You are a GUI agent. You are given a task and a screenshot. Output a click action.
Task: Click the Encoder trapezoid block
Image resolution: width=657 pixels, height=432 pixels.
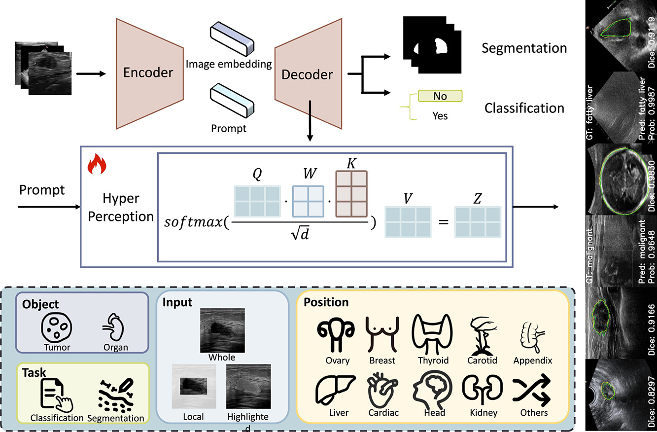[149, 73]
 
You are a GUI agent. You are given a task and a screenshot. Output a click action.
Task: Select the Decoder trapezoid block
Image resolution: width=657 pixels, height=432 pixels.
[308, 73]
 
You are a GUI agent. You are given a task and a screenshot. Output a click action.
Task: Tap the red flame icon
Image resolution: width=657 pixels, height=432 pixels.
[97, 164]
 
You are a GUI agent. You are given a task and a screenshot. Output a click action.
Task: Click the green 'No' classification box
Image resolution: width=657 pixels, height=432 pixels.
[440, 96]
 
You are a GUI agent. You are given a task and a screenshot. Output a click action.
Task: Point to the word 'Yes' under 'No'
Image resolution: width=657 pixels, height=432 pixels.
[440, 116]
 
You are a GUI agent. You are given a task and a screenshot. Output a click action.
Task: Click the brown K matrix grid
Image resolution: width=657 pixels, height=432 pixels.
[351, 194]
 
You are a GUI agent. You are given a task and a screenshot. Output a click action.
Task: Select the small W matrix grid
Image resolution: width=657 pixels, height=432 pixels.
[308, 201]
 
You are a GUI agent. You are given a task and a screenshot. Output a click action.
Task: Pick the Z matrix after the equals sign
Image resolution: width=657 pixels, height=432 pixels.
[478, 222]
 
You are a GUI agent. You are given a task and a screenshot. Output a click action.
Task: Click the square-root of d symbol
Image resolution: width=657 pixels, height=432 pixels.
[300, 234]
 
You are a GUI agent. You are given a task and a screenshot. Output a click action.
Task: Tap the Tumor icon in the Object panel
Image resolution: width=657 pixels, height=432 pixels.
[57, 327]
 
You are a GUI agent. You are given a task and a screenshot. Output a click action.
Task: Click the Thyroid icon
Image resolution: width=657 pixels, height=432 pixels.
[432, 334]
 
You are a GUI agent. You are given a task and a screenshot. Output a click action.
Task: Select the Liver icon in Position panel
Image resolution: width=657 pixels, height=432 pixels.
[336, 390]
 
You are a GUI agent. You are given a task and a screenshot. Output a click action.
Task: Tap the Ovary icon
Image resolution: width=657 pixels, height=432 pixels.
[336, 335]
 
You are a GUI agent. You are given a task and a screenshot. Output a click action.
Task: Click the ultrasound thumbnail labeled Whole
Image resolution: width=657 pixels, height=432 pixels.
[222, 330]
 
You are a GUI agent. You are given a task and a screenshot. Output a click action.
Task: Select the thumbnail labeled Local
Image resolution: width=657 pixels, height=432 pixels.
[194, 386]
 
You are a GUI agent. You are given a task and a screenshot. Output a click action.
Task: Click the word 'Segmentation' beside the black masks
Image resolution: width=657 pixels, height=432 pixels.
[524, 48]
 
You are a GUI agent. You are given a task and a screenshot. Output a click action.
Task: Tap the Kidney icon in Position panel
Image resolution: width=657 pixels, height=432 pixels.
[483, 390]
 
